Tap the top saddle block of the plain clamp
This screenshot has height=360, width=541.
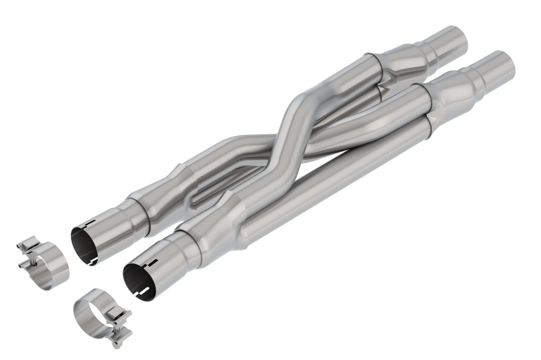(x=27, y=245)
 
